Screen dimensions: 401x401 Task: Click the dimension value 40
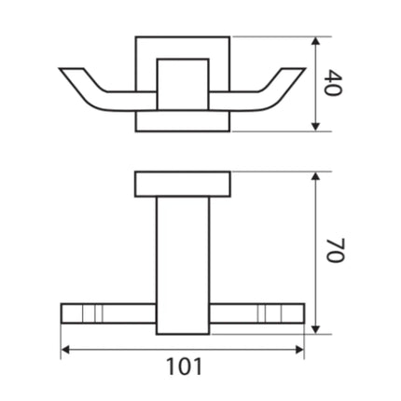click(339, 85)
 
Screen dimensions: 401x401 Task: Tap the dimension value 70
click(338, 251)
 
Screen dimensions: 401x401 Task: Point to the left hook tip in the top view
click(63, 71)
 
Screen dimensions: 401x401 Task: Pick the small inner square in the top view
click(183, 85)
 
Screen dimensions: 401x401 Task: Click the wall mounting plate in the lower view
click(183, 184)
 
